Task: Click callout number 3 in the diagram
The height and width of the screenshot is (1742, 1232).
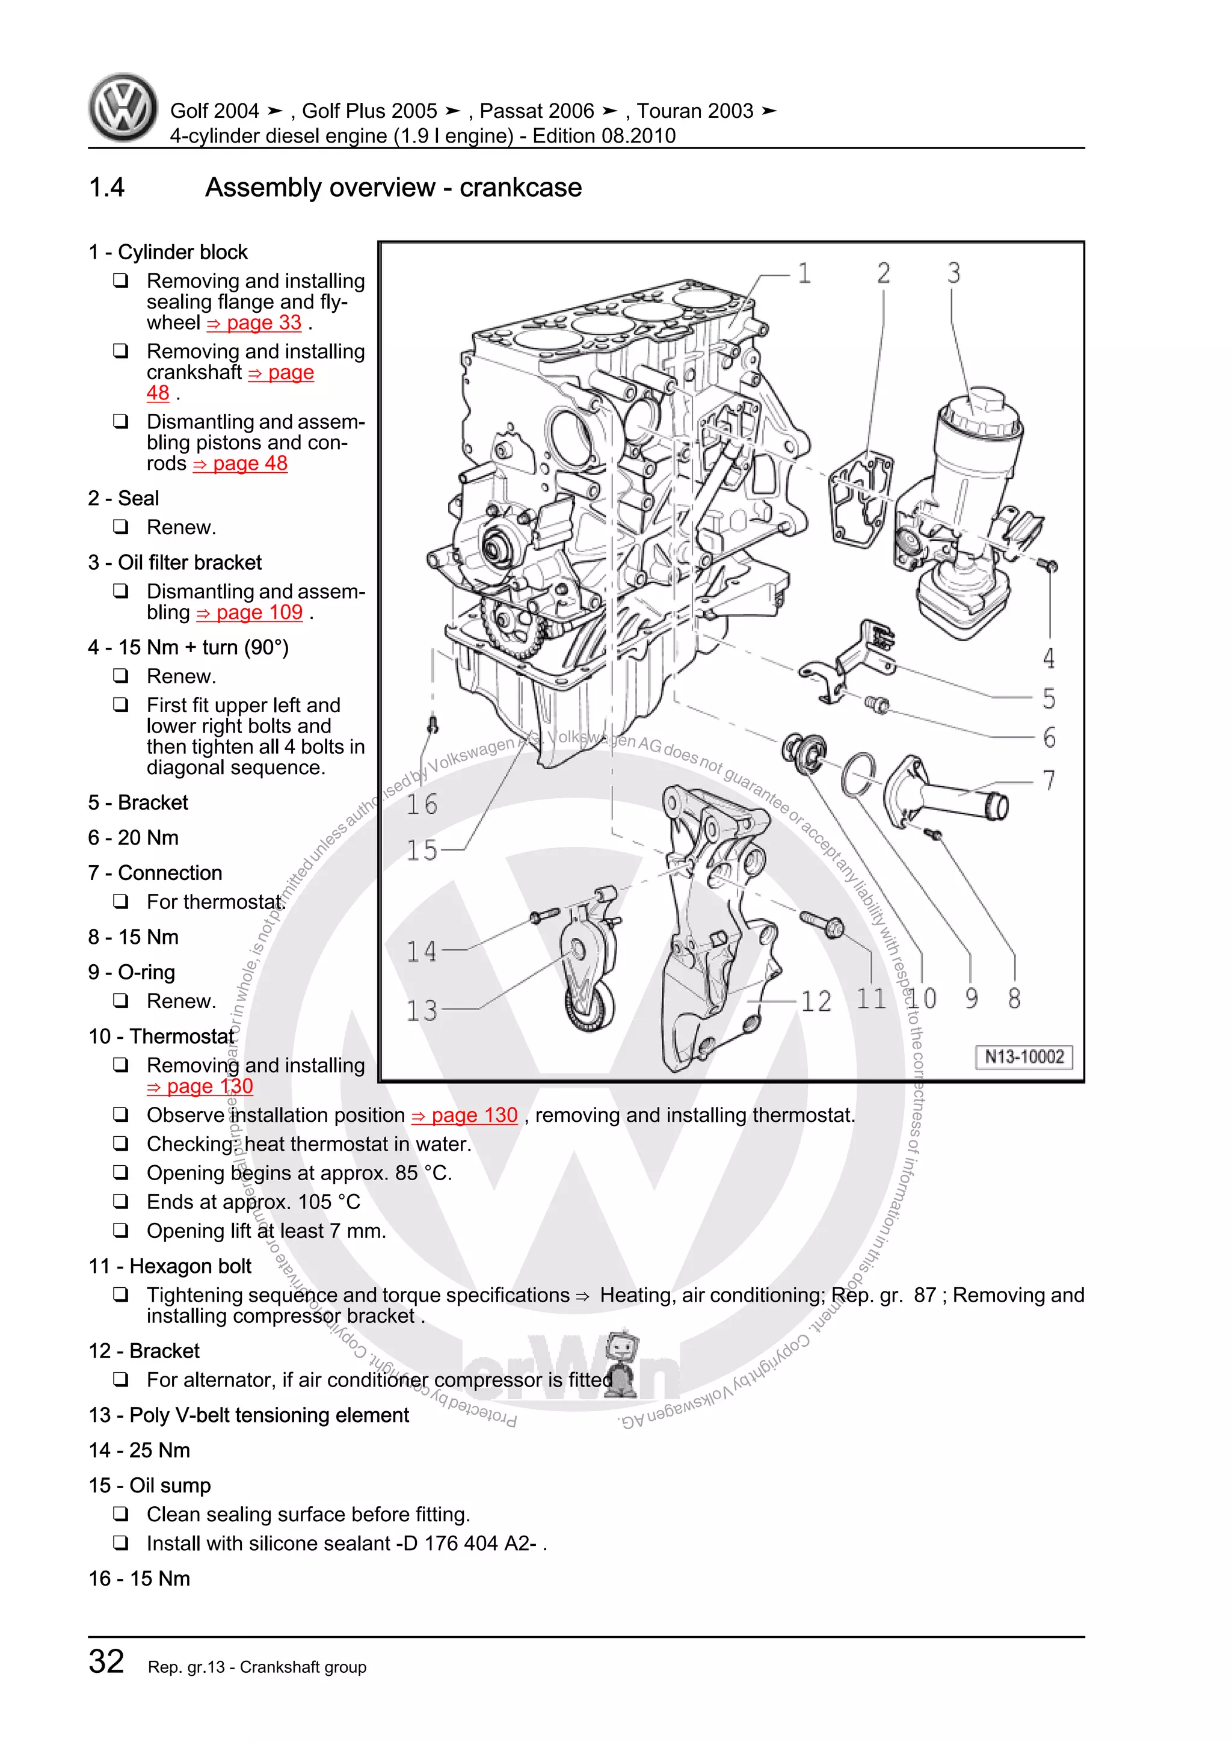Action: click(x=953, y=273)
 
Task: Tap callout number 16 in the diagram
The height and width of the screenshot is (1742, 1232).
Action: click(x=422, y=805)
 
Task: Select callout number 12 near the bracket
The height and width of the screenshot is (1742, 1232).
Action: click(x=816, y=1002)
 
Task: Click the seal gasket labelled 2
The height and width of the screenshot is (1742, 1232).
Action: click(x=860, y=497)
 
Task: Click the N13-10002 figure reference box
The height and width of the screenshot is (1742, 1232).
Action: click(x=1023, y=1057)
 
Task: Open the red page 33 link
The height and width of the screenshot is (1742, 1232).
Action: click(x=255, y=323)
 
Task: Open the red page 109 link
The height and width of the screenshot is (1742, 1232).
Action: click(x=250, y=613)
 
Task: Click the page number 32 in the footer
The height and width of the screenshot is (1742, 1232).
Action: click(x=106, y=1661)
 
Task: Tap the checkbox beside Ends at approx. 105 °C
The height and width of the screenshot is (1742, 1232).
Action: click(x=121, y=1201)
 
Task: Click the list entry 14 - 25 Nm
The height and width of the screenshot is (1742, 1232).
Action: click(x=140, y=1450)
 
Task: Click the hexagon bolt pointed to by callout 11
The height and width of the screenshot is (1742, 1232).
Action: click(x=823, y=924)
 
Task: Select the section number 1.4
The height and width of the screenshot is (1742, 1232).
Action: click(x=106, y=188)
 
